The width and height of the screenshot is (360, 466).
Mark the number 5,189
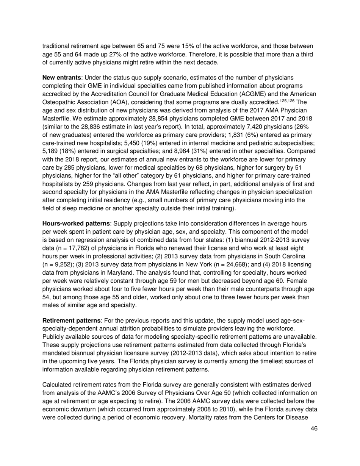pos(51,151)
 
